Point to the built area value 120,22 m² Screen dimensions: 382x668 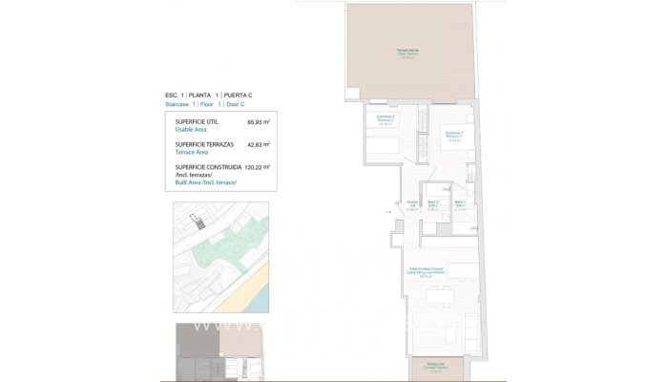click(x=258, y=166)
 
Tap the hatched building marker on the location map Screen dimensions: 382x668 click(x=198, y=223)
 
